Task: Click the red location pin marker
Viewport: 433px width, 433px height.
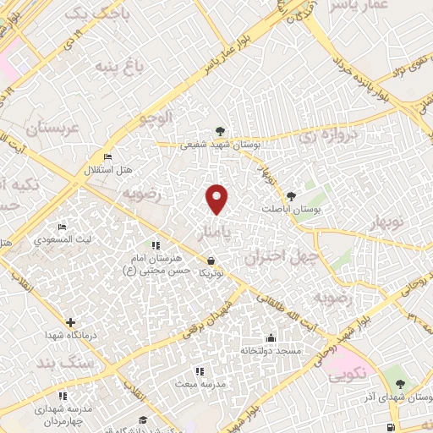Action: point(217,199)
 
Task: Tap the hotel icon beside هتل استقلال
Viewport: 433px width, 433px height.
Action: point(107,156)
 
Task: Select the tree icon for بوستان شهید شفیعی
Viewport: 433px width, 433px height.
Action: point(221,131)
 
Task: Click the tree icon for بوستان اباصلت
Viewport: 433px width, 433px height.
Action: point(293,194)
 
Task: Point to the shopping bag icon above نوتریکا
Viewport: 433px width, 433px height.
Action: point(211,260)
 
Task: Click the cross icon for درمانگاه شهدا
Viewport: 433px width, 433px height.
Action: point(69,322)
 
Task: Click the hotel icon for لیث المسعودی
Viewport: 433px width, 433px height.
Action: point(61,227)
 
